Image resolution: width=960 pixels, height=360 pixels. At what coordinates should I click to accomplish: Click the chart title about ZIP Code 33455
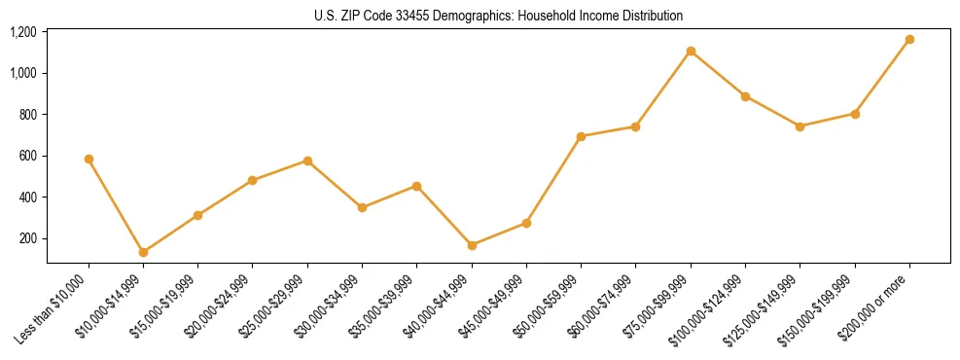click(498, 17)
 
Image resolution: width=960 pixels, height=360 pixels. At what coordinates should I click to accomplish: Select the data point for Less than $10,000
click(89, 159)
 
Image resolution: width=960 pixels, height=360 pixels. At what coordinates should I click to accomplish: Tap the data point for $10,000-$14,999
click(143, 252)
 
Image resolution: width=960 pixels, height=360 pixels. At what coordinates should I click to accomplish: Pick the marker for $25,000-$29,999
click(307, 161)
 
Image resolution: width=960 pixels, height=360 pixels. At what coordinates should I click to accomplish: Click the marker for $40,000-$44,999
click(472, 245)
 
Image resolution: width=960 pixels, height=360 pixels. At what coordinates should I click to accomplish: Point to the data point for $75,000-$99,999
click(691, 51)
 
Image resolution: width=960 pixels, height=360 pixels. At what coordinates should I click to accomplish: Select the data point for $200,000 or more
click(909, 39)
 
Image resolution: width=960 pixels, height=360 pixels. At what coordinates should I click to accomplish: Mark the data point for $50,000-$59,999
click(581, 136)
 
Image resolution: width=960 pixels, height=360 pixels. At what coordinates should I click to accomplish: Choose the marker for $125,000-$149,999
click(800, 126)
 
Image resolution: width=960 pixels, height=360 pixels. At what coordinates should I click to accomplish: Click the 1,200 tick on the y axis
click(23, 32)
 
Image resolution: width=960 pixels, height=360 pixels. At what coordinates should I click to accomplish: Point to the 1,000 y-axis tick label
click(23, 73)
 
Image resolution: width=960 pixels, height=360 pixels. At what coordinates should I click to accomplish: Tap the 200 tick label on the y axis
click(28, 238)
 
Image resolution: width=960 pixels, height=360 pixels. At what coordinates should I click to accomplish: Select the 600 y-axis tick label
click(28, 156)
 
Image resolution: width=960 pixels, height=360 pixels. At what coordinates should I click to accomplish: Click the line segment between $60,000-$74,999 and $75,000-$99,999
click(663, 89)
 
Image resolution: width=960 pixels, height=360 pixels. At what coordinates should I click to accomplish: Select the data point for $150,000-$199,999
click(855, 114)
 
